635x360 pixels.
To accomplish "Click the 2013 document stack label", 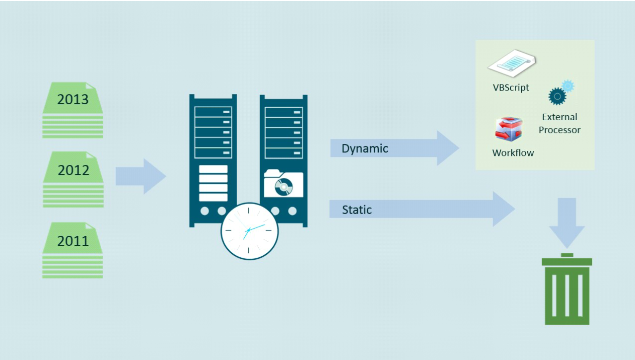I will tap(72, 99).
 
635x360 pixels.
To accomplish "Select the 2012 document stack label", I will tap(73, 170).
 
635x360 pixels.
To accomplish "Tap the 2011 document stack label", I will tap(73, 241).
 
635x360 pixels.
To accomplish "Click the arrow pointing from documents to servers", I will tap(141, 176).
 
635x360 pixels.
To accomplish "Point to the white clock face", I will tap(249, 231).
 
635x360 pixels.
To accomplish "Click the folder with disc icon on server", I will tap(283, 183).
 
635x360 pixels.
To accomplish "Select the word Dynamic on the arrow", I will tap(365, 148).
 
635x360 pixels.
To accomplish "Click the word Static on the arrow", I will tap(357, 210).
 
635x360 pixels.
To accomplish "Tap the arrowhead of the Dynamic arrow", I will tap(448, 148).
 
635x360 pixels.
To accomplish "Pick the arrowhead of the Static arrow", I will tap(504, 209).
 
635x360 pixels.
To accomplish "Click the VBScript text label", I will tap(511, 88).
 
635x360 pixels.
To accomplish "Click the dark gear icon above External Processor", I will tap(558, 96).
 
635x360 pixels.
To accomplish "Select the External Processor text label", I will tap(560, 124).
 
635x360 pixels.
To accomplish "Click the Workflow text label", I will tap(513, 153).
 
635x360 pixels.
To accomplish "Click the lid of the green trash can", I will tap(567, 261).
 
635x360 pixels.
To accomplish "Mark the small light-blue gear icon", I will tap(568, 86).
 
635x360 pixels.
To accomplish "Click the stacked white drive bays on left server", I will tap(213, 183).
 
